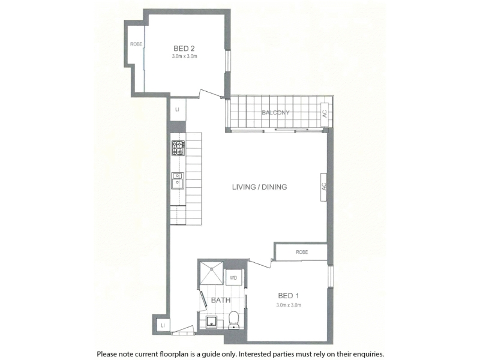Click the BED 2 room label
(x=184, y=49)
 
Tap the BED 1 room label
(x=289, y=296)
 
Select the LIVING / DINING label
(x=260, y=187)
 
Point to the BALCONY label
(x=275, y=113)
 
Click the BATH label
(x=221, y=301)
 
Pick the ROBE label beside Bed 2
(x=136, y=44)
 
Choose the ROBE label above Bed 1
(x=302, y=252)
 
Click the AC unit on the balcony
(x=325, y=114)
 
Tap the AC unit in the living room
(x=324, y=187)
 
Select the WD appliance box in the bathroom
(x=233, y=278)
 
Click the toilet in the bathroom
(x=234, y=320)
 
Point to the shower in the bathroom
(x=212, y=273)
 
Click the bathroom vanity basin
(x=211, y=322)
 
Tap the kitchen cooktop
(x=178, y=148)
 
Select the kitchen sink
(x=178, y=181)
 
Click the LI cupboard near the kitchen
(x=178, y=109)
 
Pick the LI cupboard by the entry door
(x=163, y=325)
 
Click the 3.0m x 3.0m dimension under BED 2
(x=185, y=56)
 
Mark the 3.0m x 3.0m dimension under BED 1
(x=289, y=305)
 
